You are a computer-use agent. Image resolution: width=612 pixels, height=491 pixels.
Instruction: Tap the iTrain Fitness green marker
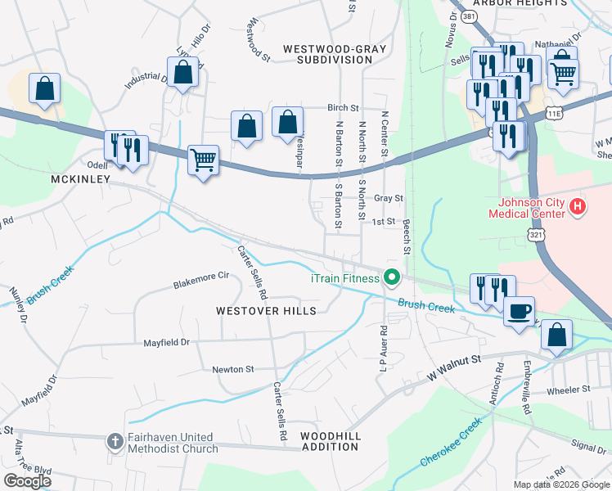pos(391,278)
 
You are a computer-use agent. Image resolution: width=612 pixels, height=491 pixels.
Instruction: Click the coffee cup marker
pos(519,312)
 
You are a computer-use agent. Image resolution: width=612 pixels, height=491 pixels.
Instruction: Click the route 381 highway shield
pos(467,16)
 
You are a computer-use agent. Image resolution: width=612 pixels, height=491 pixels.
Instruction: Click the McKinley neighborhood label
pos(80,178)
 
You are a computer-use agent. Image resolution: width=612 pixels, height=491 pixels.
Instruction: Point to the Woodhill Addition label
pos(331,442)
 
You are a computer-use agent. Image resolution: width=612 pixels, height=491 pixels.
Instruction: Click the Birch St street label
pos(343,107)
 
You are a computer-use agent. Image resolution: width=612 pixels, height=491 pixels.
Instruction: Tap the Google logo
pos(28,480)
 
